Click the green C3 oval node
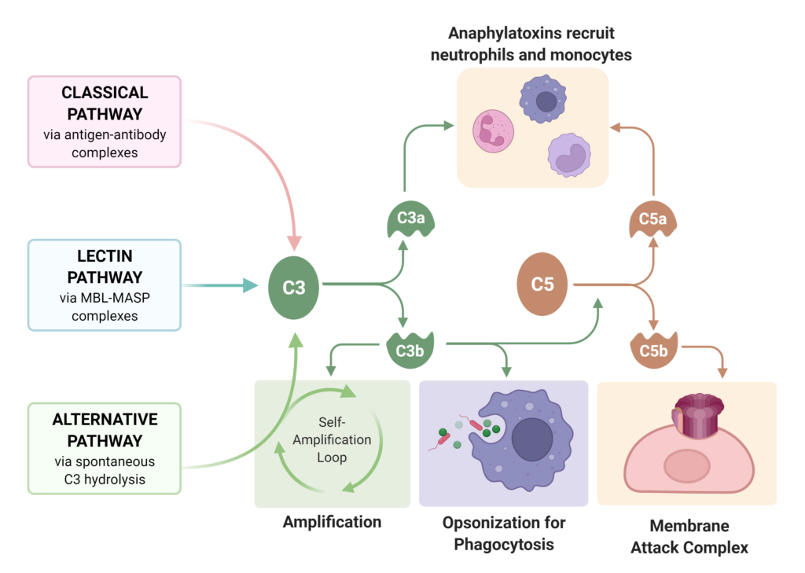click(x=294, y=288)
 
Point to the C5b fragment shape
click(x=652, y=351)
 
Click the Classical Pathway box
click(x=105, y=121)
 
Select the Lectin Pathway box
click(x=105, y=285)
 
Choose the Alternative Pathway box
click(x=105, y=448)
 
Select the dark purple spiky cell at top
click(x=544, y=99)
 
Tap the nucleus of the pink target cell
click(x=686, y=467)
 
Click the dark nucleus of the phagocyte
click(x=534, y=440)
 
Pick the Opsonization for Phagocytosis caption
click(x=503, y=533)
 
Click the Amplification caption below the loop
click(x=332, y=522)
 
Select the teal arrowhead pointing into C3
click(x=250, y=285)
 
